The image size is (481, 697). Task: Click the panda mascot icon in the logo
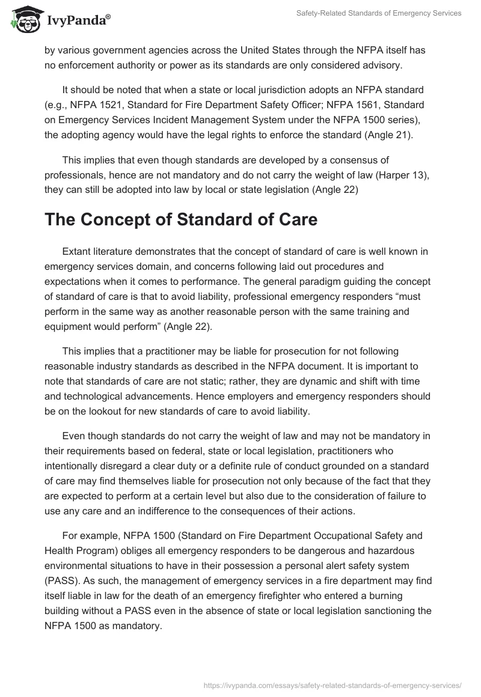[x=23, y=19]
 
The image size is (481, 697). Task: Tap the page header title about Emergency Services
[x=379, y=13]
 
